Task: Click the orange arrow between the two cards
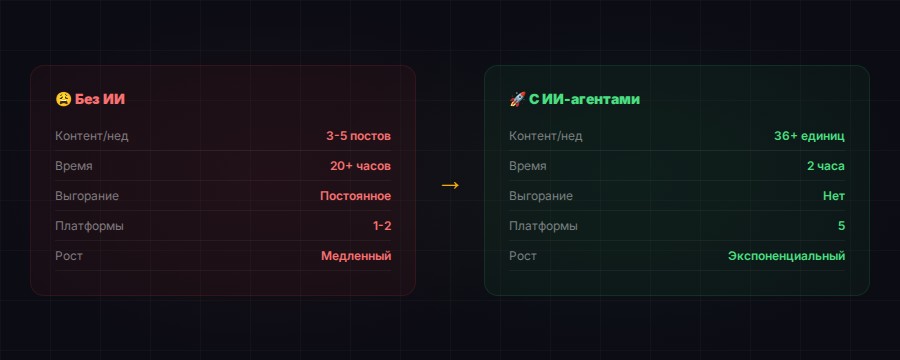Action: [x=450, y=185]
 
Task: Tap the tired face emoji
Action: [x=63, y=100]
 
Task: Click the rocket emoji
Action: [x=517, y=100]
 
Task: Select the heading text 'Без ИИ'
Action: [x=100, y=100]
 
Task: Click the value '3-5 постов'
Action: [x=358, y=136]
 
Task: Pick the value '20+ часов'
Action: [x=360, y=166]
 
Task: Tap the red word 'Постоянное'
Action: [x=355, y=196]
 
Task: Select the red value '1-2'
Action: [x=381, y=226]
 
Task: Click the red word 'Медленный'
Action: [x=356, y=256]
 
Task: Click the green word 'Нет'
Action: [x=833, y=196]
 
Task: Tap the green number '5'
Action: [x=841, y=226]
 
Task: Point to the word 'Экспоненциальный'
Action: [x=786, y=256]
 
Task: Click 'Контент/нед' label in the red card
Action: [x=92, y=136]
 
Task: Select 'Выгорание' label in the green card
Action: [x=541, y=196]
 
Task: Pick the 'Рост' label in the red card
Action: [x=69, y=256]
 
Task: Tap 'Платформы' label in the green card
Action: [x=543, y=226]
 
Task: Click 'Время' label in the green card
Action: [x=528, y=166]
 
